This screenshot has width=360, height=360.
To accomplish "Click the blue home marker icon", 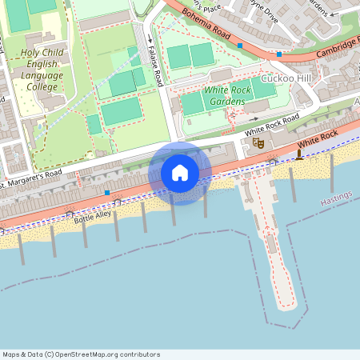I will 180,173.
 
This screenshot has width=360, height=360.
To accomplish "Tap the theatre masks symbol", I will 258,142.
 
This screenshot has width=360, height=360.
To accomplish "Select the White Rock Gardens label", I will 227,97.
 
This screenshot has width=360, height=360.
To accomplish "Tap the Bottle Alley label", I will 92,216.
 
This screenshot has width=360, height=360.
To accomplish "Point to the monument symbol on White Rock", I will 299,152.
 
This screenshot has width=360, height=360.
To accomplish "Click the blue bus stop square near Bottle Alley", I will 107,193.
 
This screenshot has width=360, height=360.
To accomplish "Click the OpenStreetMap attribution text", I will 80,354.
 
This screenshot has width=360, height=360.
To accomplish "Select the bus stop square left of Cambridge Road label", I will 278,54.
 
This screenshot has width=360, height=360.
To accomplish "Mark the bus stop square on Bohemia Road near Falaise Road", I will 239,46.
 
